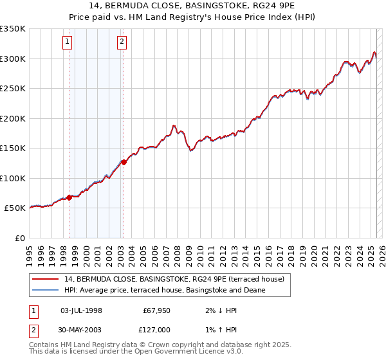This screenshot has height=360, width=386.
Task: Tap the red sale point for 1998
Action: (x=69, y=197)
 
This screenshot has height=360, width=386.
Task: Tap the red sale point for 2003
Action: (x=124, y=162)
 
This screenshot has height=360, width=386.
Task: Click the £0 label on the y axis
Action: (x=19, y=238)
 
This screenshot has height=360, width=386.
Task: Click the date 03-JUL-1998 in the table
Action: (x=81, y=310)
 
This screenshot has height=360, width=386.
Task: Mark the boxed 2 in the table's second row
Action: (x=33, y=330)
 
